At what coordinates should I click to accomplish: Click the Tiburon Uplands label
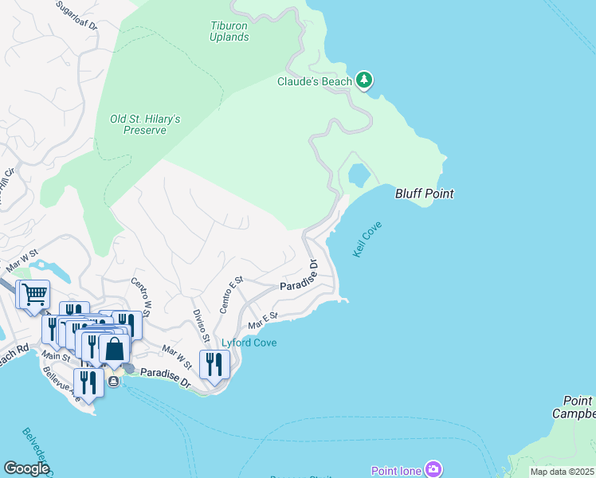[x=229, y=30]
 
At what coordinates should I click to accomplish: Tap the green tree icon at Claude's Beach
[x=364, y=80]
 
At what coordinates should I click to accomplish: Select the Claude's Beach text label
[x=314, y=81]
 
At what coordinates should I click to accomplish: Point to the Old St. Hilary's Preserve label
[x=145, y=124]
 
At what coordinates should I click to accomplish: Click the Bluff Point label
[x=425, y=194]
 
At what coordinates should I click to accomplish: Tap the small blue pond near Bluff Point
[x=358, y=174]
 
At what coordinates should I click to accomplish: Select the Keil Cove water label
[x=367, y=239]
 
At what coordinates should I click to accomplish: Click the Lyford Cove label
[x=249, y=343]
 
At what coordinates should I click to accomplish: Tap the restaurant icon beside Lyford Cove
[x=214, y=364]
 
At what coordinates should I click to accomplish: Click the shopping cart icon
[x=33, y=295]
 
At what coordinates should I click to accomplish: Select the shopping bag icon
[x=115, y=349]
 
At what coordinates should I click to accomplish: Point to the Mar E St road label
[x=262, y=320]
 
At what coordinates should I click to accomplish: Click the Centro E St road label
[x=231, y=295]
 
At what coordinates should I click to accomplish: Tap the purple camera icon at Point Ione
[x=433, y=469]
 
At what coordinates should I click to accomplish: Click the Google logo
[x=26, y=468]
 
